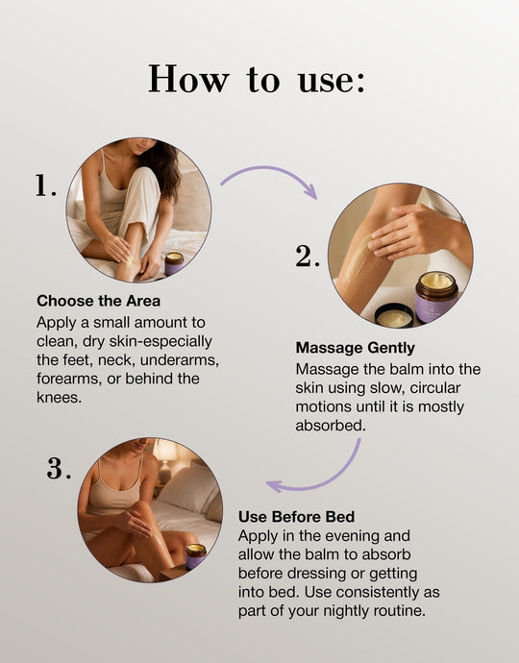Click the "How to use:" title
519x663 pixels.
257,79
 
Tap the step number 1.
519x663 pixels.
45,185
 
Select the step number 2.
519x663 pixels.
308,256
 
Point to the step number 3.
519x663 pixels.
59,468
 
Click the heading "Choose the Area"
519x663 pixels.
99,301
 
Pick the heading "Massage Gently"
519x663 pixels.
355,348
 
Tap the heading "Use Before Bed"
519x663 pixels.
297,516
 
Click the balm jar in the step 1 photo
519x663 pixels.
174,263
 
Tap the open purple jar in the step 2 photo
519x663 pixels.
436,296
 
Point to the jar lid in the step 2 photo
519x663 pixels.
394,315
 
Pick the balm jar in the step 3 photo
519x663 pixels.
195,556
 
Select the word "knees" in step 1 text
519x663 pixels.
59,398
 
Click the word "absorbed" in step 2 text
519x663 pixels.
331,425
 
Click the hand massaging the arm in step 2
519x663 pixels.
410,233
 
